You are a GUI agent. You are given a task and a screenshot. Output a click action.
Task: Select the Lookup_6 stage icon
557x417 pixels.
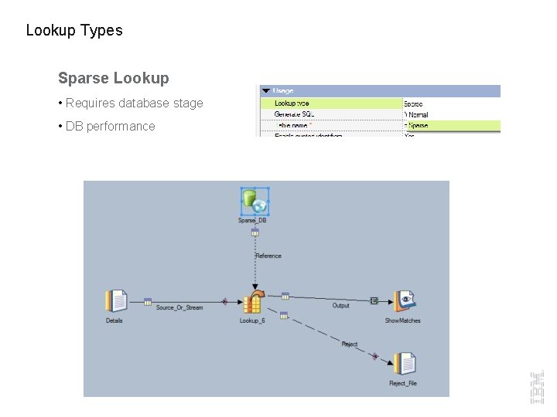point(253,303)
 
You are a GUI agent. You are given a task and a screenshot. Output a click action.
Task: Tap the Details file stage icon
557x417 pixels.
point(116,301)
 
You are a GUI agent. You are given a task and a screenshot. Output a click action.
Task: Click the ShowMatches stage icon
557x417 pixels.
point(404,302)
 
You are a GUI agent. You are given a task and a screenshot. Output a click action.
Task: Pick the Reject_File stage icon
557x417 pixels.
point(403,364)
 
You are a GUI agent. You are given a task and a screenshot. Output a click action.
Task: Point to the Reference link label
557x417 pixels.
point(268,256)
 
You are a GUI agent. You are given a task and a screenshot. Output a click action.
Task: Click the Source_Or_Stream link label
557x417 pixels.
point(179,307)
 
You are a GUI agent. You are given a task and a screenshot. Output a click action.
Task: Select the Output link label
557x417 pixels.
point(340,306)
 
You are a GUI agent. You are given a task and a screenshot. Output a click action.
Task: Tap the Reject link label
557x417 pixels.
point(350,344)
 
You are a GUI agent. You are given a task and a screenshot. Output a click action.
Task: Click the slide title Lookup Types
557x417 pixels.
point(74,31)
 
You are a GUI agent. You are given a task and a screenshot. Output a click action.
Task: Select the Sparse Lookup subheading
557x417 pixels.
point(113,78)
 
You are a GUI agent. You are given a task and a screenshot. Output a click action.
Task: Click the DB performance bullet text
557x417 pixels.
point(110,126)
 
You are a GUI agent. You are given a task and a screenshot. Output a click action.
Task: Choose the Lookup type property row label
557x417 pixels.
point(292,103)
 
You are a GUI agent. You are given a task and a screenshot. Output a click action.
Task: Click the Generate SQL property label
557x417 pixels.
point(294,114)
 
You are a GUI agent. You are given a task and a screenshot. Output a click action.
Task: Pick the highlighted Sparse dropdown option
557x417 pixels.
point(418,125)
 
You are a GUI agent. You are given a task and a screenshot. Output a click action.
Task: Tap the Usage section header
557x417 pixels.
point(283,91)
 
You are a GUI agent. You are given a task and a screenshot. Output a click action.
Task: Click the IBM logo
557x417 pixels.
point(537,387)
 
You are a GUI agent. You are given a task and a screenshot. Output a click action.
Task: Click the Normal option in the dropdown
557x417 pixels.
point(418,114)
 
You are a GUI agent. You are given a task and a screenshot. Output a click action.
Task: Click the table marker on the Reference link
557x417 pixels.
point(255,232)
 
